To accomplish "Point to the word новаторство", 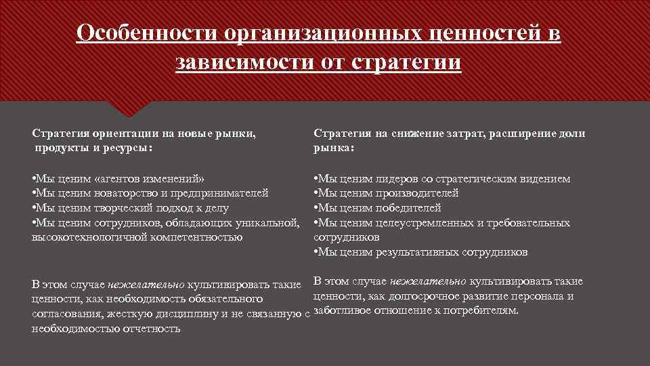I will (x=113, y=193).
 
